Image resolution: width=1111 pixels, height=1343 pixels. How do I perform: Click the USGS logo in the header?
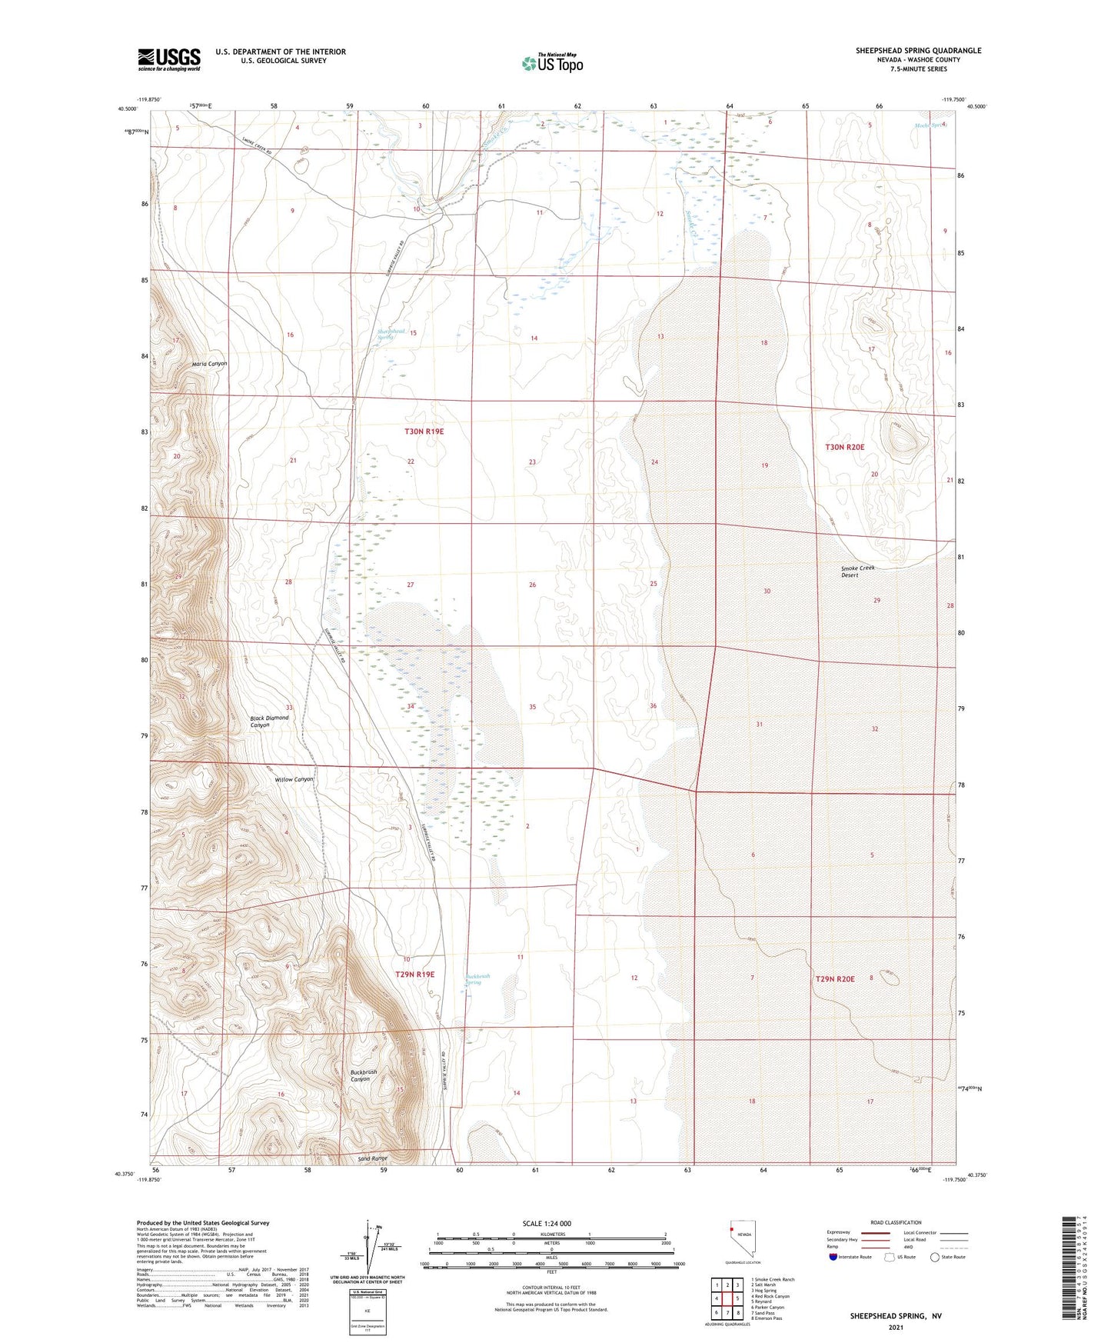tap(169, 59)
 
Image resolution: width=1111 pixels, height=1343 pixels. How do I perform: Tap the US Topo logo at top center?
tap(551, 63)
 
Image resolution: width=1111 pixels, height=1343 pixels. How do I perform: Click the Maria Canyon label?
tap(209, 363)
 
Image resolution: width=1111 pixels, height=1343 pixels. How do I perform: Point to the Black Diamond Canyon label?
tap(269, 721)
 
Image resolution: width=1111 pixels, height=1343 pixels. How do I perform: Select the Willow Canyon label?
tap(294, 779)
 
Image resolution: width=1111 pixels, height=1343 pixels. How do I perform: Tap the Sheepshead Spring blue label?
tap(391, 334)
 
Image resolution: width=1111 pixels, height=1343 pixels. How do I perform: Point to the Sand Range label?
tap(373, 1158)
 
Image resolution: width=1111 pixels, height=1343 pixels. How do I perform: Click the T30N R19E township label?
tap(424, 432)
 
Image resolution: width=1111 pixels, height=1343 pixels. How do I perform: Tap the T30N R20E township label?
tap(844, 447)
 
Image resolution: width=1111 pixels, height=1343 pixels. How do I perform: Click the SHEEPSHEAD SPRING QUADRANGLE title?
tap(918, 51)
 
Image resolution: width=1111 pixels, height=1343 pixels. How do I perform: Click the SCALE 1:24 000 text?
tap(547, 1223)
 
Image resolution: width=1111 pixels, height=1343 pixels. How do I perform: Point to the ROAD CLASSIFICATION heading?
tap(896, 1222)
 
